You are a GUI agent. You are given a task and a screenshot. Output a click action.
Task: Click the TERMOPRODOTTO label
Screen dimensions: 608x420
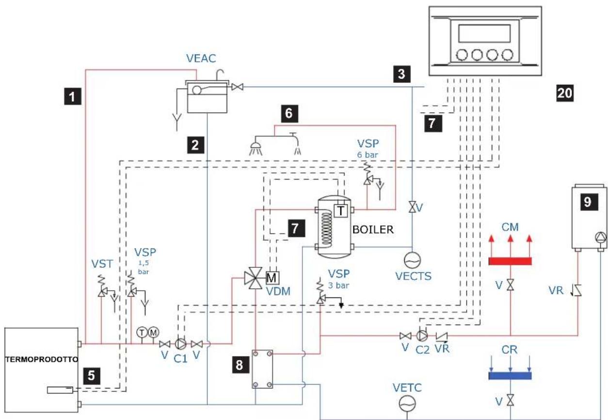click(x=42, y=359)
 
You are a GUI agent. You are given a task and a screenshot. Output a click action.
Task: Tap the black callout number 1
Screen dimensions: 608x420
click(x=72, y=96)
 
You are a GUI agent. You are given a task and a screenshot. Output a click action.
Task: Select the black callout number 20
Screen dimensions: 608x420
click(x=565, y=93)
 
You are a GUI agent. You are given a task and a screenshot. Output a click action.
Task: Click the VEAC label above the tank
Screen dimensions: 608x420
click(x=201, y=58)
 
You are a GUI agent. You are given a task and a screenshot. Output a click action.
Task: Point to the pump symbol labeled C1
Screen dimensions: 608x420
click(x=180, y=344)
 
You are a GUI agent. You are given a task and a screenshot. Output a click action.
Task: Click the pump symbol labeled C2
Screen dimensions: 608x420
click(x=421, y=336)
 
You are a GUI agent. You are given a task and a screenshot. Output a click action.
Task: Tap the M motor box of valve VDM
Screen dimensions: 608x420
click(x=272, y=278)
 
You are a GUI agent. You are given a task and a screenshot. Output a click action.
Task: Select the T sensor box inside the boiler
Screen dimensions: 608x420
click(x=341, y=210)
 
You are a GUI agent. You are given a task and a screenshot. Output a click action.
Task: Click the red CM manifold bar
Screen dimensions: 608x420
click(x=510, y=261)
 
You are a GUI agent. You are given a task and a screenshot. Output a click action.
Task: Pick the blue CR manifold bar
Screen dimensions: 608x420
click(x=510, y=376)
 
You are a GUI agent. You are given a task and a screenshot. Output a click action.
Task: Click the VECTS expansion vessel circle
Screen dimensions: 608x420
click(x=412, y=260)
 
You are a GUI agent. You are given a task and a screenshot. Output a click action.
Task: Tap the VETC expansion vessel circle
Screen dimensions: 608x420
click(x=407, y=404)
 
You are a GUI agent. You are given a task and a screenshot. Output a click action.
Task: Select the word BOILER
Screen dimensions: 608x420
click(x=373, y=230)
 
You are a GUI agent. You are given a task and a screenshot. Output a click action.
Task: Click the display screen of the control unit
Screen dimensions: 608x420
click(x=484, y=33)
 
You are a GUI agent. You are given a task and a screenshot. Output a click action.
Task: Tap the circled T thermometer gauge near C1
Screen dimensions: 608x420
click(x=142, y=332)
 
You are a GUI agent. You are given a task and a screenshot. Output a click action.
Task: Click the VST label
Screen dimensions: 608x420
click(x=102, y=264)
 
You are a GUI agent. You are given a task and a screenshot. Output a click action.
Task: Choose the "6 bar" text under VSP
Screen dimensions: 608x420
click(x=368, y=155)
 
